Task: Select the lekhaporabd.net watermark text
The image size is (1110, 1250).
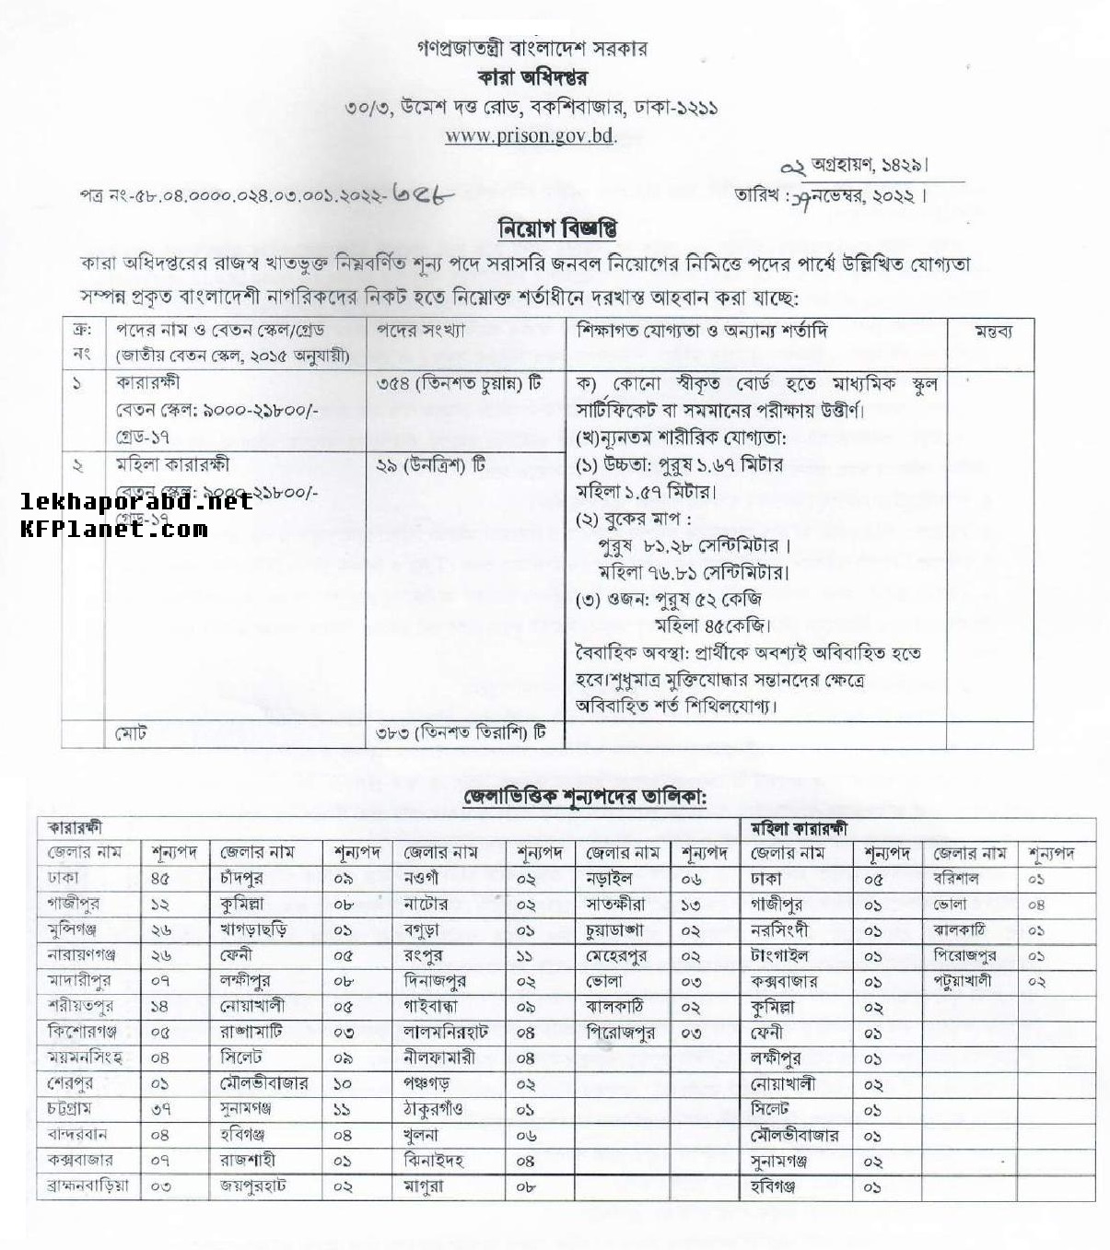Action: [136, 502]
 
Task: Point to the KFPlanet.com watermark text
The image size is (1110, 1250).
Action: [113, 529]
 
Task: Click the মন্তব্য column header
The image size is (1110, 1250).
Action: [993, 332]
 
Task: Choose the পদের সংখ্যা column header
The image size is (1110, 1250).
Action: [420, 330]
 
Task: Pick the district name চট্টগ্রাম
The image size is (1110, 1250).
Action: [69, 1109]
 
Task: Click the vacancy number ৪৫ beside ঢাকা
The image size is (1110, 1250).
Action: [159, 879]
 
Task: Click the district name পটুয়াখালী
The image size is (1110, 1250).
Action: [963, 981]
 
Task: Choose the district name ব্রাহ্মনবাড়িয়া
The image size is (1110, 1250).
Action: [88, 1186]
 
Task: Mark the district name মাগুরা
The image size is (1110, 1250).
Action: [424, 1186]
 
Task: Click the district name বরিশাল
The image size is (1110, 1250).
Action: [956, 879]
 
